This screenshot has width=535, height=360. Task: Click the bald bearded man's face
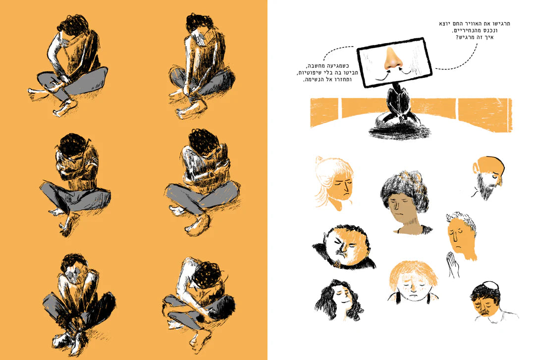click(x=487, y=177)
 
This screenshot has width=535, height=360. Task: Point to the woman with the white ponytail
click(x=334, y=183)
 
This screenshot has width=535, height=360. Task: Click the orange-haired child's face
click(x=413, y=284)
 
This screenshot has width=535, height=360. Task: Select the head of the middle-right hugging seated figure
click(x=204, y=141)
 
